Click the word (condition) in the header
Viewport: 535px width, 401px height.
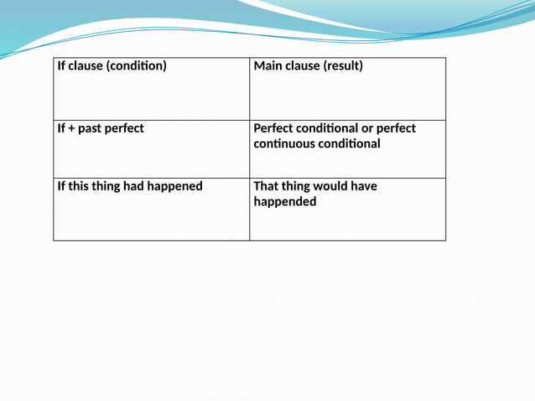(x=137, y=65)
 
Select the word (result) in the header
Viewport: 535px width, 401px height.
(x=343, y=65)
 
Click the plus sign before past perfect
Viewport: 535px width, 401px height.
(x=71, y=128)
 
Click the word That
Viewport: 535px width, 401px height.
(x=267, y=186)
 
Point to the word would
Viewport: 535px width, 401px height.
(x=333, y=186)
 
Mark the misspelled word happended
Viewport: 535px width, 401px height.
(x=285, y=201)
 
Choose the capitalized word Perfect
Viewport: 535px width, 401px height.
(x=273, y=128)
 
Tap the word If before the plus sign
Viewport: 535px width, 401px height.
(x=61, y=128)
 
